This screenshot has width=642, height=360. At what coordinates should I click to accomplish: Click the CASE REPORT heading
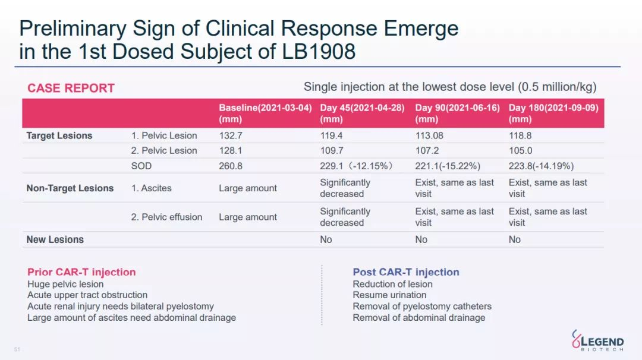[x=71, y=88]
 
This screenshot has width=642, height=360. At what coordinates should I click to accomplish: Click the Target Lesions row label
[x=59, y=135]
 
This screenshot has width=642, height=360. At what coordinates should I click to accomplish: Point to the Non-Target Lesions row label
[x=70, y=188]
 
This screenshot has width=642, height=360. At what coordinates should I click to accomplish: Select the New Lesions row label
[x=55, y=239]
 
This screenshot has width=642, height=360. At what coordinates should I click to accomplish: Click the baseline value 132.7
[x=231, y=135]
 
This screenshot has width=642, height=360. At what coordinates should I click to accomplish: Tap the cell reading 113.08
[x=429, y=135]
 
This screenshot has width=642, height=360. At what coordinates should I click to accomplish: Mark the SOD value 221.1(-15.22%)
[x=448, y=166]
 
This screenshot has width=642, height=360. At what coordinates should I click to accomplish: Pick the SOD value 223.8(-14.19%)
[x=541, y=166]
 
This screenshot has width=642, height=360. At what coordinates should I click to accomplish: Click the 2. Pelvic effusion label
[x=166, y=217]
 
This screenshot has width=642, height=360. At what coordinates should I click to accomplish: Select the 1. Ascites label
[x=151, y=188]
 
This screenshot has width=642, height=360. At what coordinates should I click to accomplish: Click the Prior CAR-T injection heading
[x=81, y=272]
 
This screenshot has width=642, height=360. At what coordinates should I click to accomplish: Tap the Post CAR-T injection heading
[x=406, y=272]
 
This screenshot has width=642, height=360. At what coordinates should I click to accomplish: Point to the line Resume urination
[x=389, y=295]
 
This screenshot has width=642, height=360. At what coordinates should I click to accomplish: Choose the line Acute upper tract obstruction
[x=87, y=295]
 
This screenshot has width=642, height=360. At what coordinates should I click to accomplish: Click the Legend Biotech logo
[x=597, y=340]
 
